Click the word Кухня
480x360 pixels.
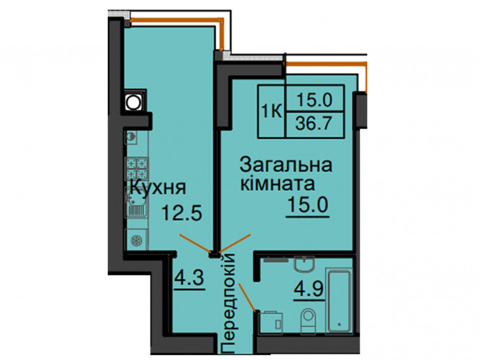[158, 187]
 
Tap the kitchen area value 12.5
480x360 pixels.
[182, 212]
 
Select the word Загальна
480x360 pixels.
[286, 165]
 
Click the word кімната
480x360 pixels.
[277, 184]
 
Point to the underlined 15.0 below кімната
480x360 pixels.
[308, 204]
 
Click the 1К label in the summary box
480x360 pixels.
[271, 111]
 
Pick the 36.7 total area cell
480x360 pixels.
[314, 124]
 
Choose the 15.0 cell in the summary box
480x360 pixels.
[314, 100]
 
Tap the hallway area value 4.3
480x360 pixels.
[189, 278]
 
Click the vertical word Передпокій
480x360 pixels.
[228, 303]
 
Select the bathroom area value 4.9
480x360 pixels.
[309, 289]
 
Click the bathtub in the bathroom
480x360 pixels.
[339, 301]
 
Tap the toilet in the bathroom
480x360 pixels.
[308, 321]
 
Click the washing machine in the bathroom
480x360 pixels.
[271, 323]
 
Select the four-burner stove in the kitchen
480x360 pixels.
[137, 168]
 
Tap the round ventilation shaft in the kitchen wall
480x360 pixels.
[133, 102]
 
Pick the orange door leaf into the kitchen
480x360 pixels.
[195, 243]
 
